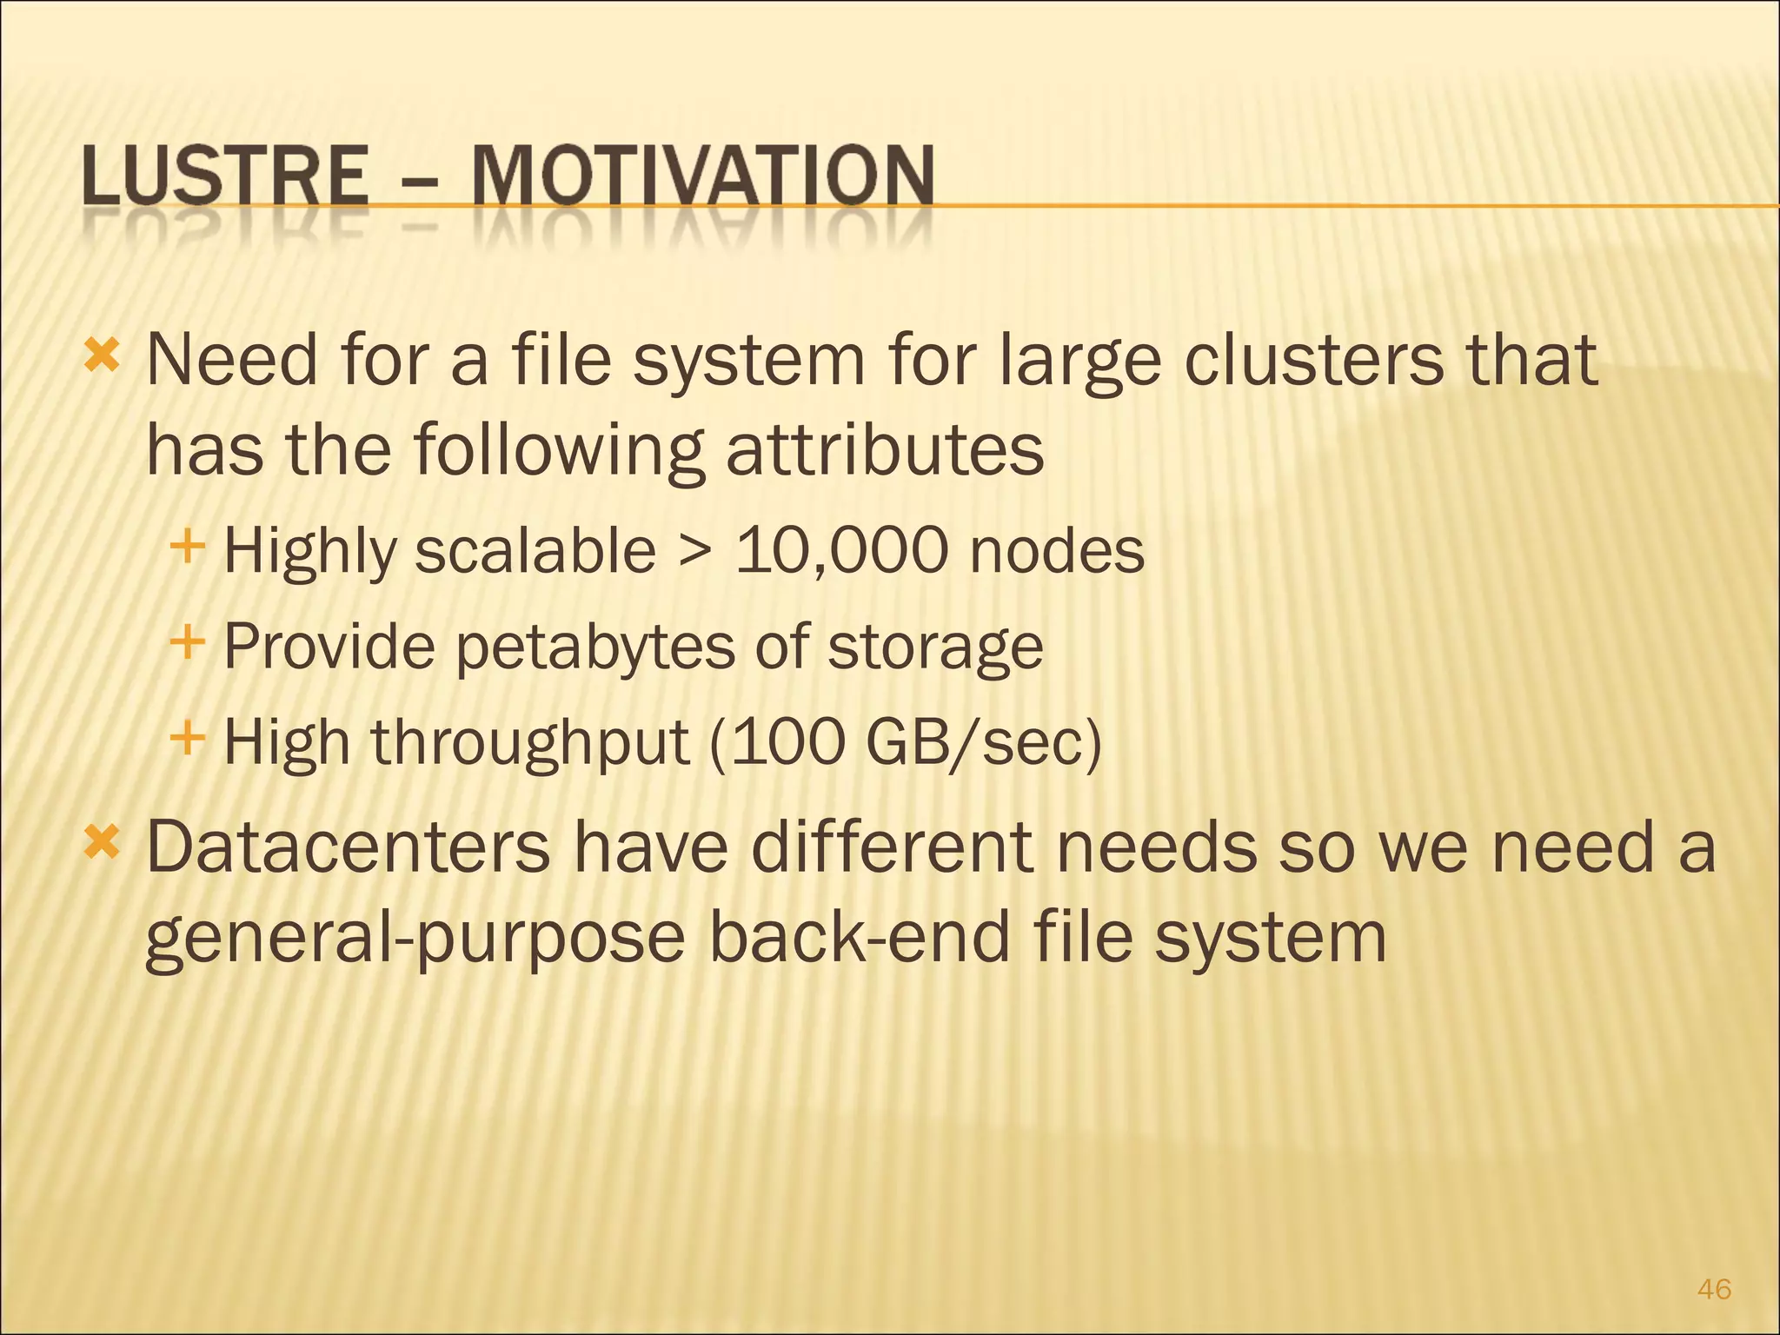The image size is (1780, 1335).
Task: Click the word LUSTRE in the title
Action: (225, 176)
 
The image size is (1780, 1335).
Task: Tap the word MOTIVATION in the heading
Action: (702, 176)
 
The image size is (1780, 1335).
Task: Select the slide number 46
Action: (1714, 1289)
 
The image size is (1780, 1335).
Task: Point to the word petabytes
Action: (595, 648)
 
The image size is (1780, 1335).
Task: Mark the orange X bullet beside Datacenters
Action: (102, 842)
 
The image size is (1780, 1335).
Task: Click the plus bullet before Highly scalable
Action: (188, 548)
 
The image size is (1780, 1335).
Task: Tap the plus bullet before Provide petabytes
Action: (188, 644)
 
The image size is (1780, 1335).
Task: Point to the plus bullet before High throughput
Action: (188, 740)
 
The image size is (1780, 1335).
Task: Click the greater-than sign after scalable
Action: (696, 552)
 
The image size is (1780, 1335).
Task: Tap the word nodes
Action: (1057, 552)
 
